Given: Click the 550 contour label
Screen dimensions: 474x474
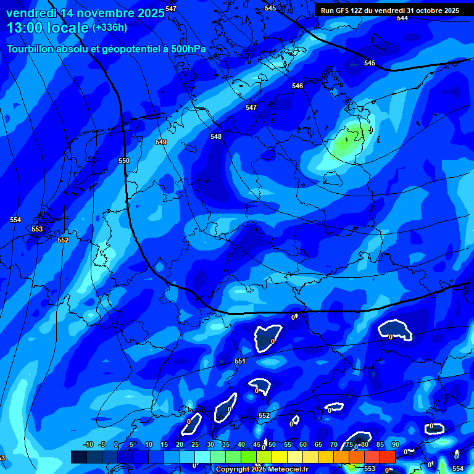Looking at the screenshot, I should (x=124, y=160).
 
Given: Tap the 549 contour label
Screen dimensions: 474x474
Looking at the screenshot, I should (x=161, y=142).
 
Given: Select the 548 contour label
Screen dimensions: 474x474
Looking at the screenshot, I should (x=215, y=136).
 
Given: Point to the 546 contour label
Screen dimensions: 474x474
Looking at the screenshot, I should (x=297, y=86).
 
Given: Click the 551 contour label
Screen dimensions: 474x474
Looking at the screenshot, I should (x=240, y=361).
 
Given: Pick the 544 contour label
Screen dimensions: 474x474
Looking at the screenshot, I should (x=402, y=18).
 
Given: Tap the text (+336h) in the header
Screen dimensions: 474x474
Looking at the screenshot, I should (x=109, y=27).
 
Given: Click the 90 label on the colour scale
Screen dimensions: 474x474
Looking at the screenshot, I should (x=395, y=444).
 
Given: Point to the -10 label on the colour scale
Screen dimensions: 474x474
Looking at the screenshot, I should (x=88, y=444).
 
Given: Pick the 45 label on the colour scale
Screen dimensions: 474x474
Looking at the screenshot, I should (x=256, y=444).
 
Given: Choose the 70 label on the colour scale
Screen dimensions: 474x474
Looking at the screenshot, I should (x=333, y=444).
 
